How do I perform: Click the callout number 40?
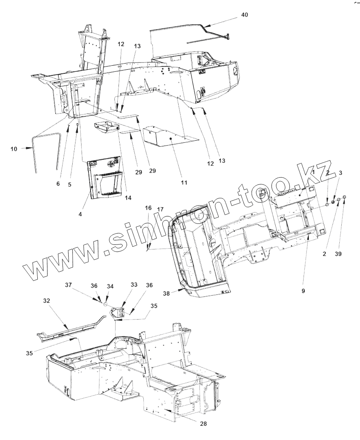(244, 15)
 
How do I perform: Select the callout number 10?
(14, 149)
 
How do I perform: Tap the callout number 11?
(184, 182)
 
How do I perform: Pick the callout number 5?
(69, 184)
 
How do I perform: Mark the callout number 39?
(338, 254)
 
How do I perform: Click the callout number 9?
(303, 291)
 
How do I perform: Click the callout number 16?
(149, 208)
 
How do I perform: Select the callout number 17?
(160, 209)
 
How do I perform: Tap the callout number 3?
(341, 173)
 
